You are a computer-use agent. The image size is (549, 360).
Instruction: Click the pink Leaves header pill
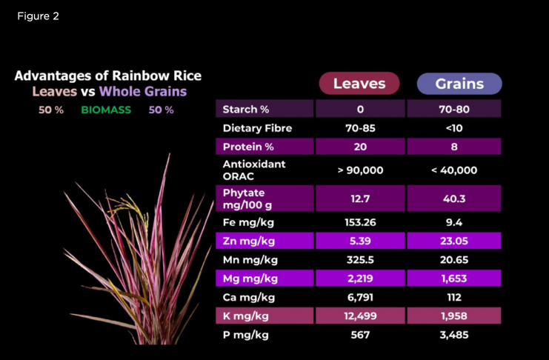[x=359, y=84]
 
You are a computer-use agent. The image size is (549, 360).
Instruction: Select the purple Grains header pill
[x=459, y=84]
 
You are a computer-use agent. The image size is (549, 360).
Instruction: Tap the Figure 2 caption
[x=39, y=16]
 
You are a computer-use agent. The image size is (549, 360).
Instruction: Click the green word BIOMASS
[x=106, y=110]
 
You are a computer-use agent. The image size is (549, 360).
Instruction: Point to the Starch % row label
[x=246, y=110]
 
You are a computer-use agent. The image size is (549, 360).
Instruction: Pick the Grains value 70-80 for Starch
[x=454, y=110]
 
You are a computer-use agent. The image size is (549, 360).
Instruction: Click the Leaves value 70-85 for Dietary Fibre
[x=360, y=128]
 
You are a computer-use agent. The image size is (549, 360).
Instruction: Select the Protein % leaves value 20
[x=360, y=147]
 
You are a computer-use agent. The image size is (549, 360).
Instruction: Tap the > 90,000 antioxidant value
[x=360, y=170]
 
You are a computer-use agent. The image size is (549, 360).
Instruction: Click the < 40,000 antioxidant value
[x=454, y=170]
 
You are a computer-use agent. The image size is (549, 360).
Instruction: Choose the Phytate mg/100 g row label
[x=247, y=199]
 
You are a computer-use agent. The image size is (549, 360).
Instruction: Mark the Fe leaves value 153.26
[x=360, y=222]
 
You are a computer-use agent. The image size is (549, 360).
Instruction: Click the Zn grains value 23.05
[x=454, y=241]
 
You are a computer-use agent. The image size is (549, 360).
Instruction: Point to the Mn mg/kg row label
[x=250, y=260]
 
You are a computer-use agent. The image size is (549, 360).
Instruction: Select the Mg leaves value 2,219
[x=360, y=279]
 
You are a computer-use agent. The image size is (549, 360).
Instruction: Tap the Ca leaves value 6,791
[x=360, y=297]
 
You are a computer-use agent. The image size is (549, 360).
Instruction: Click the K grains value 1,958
[x=454, y=316]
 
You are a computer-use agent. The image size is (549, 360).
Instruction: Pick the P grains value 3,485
[x=454, y=335]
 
